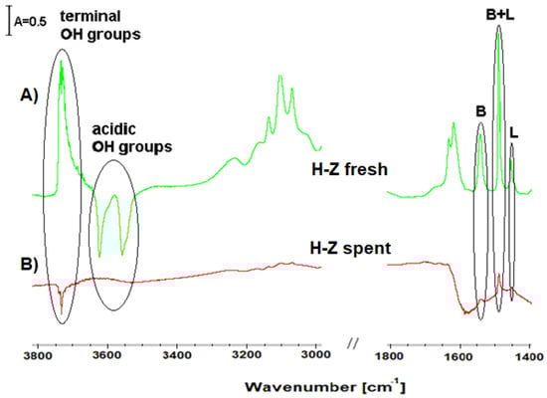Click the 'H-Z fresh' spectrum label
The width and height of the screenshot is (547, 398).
(x=349, y=170)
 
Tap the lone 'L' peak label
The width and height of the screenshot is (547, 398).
(x=513, y=132)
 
